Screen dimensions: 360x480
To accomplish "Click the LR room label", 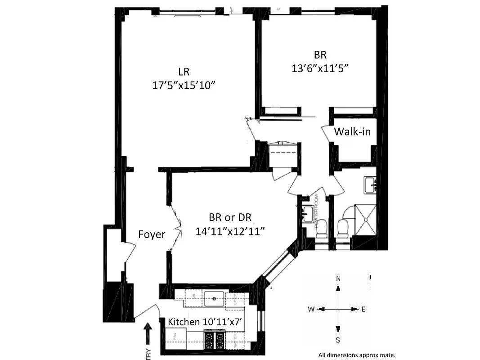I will [x=183, y=71].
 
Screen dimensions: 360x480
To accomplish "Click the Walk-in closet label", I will [x=352, y=132].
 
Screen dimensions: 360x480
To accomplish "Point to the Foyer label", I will [x=152, y=234].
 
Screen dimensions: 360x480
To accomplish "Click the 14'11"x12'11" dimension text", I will [x=230, y=231].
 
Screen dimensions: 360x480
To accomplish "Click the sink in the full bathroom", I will [x=371, y=184].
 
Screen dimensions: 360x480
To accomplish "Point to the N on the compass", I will [x=338, y=279].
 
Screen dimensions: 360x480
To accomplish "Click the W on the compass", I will [x=311, y=309].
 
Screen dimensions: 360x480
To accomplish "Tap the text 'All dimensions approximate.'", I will [x=357, y=355].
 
